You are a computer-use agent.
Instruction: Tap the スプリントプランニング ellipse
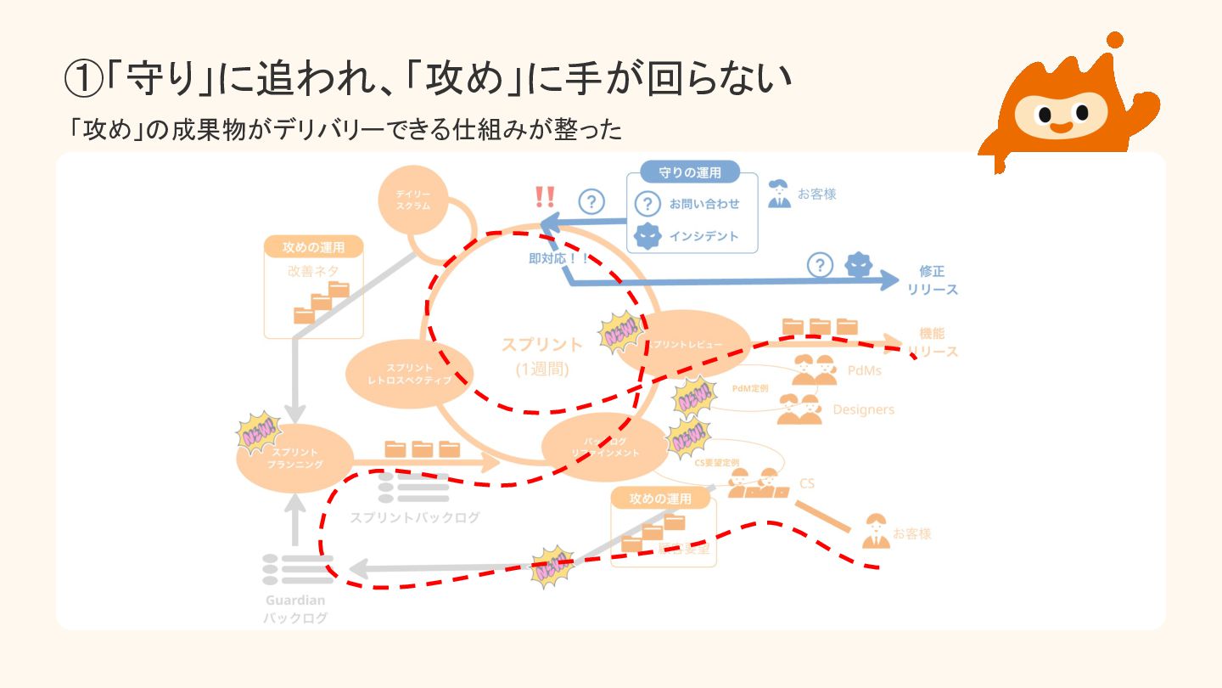pos(295,459)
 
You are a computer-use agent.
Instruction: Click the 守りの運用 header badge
pos(690,172)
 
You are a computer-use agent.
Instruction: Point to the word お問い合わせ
pos(703,204)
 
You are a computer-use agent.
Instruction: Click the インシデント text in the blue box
pos(703,236)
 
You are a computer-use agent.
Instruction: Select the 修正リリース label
pos(932,280)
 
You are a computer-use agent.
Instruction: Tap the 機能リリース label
pos(932,342)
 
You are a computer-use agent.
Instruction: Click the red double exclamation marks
pos(545,197)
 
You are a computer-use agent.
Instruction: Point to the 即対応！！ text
pos(558,258)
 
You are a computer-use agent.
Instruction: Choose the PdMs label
pos(864,370)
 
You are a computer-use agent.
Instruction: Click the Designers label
pos(863,409)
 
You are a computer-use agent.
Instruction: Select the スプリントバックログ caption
pos(415,517)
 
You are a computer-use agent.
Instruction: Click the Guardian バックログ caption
pos(294,609)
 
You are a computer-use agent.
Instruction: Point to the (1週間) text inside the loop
pos(541,369)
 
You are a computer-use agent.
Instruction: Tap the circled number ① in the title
pos(83,79)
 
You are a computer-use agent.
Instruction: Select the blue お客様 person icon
pos(779,194)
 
